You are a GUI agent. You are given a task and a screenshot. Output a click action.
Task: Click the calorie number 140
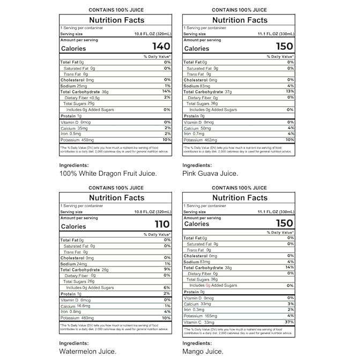click(x=161, y=47)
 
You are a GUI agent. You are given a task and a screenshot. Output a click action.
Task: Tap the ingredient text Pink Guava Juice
click(x=210, y=173)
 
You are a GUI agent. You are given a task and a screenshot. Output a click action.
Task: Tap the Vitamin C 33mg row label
click(x=199, y=322)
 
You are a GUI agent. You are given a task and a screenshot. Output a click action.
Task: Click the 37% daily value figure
click(x=289, y=322)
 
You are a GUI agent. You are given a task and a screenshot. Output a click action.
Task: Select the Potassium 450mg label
click(x=76, y=140)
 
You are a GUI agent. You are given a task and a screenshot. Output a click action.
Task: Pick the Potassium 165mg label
click(x=200, y=316)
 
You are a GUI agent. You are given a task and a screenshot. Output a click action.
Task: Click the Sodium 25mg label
click(x=73, y=86)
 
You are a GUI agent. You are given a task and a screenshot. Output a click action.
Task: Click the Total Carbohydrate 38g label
click(x=209, y=268)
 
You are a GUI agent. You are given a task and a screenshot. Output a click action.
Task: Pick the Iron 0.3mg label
click(x=195, y=309)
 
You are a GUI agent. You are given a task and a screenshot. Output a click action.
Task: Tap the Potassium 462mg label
click(x=200, y=140)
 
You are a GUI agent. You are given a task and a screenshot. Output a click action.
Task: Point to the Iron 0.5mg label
click(x=72, y=133)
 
